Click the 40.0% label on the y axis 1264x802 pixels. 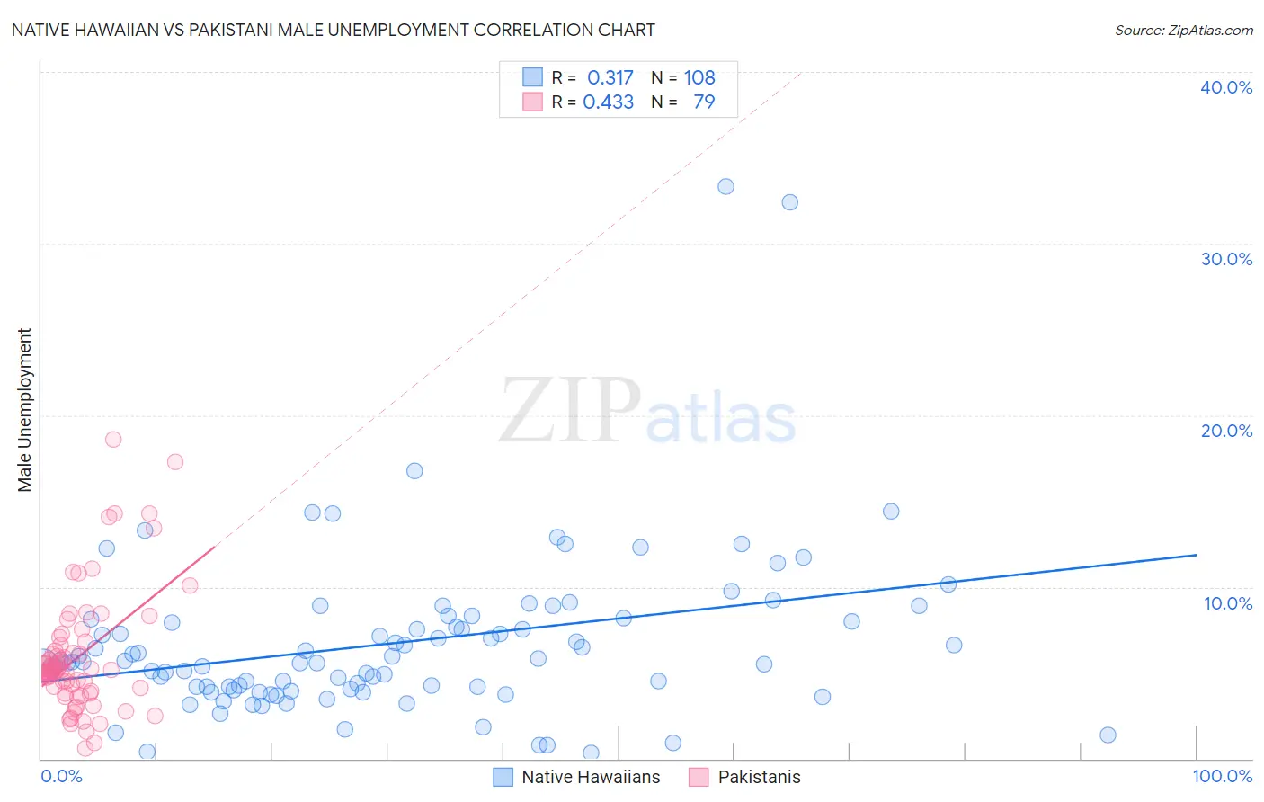[1226, 87]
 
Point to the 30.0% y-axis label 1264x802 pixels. [1226, 259]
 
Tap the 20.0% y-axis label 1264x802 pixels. [1226, 431]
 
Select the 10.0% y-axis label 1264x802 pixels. [1226, 603]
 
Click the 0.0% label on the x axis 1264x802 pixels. [61, 776]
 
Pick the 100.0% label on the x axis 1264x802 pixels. [1222, 776]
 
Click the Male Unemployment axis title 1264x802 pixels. [25, 410]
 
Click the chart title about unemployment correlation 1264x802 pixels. [333, 30]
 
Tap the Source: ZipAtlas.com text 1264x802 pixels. [1183, 30]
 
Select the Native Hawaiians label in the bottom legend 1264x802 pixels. [591, 777]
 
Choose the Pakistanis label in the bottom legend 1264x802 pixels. [759, 777]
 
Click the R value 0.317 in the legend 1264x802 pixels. [610, 77]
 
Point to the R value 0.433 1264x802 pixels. [609, 102]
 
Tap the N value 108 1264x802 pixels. [699, 77]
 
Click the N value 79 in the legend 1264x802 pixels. [704, 102]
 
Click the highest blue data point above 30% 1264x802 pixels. [725, 187]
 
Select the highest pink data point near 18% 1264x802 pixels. [113, 440]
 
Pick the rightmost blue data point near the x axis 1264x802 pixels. [1108, 735]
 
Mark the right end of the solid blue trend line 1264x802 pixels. [1197, 555]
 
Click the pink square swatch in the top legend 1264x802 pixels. [532, 102]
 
